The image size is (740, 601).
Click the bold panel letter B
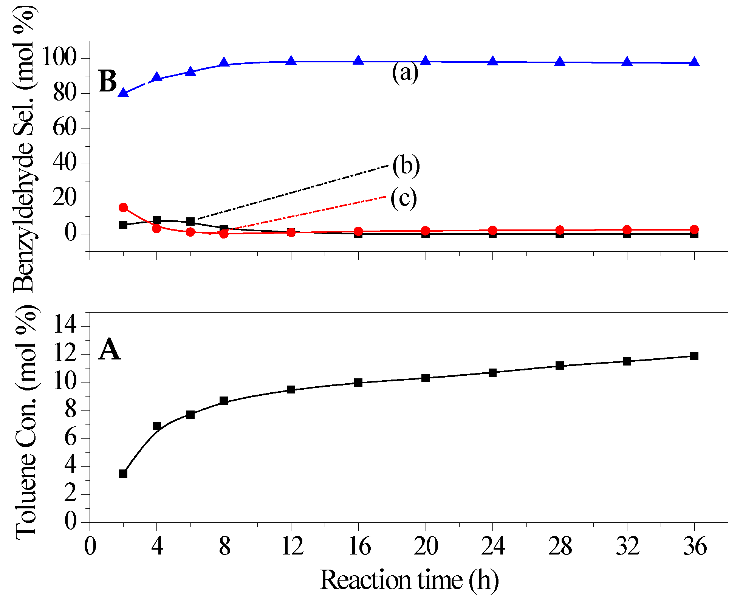[108, 82]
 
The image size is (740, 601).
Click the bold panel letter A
[109, 350]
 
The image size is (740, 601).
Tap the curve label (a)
[405, 73]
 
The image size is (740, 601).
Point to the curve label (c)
[404, 198]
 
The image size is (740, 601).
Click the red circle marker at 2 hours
[123, 208]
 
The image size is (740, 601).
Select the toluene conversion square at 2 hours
[123, 474]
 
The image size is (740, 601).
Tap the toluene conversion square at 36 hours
[694, 356]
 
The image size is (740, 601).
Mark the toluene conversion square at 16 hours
[358, 383]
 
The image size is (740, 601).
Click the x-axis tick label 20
[426, 547]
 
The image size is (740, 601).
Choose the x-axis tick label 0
[90, 547]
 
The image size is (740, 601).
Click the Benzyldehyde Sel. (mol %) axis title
[25, 147]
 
